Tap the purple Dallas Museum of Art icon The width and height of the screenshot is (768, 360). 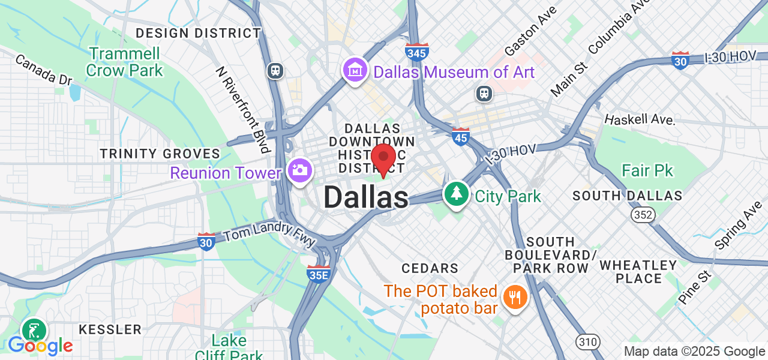click(x=355, y=71)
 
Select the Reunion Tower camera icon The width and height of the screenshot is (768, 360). click(x=299, y=170)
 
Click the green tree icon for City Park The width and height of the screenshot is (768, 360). click(x=457, y=194)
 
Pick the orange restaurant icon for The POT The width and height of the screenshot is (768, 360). click(x=514, y=296)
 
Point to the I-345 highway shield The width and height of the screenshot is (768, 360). click(x=417, y=52)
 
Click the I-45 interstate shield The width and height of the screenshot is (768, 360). click(x=460, y=137)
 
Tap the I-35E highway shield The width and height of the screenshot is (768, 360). click(x=318, y=273)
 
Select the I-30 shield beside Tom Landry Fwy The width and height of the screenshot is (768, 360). click(x=206, y=241)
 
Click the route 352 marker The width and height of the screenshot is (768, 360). click(x=642, y=215)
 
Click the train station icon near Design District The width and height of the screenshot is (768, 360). click(x=276, y=70)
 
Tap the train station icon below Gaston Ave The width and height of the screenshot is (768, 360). click(x=484, y=93)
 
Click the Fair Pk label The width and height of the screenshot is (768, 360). click(x=647, y=171)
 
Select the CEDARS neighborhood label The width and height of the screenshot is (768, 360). click(x=430, y=268)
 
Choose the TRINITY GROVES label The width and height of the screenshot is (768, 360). click(x=160, y=154)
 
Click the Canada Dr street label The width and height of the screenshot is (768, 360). click(x=43, y=70)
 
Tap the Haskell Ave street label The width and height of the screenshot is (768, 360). click(x=640, y=119)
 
